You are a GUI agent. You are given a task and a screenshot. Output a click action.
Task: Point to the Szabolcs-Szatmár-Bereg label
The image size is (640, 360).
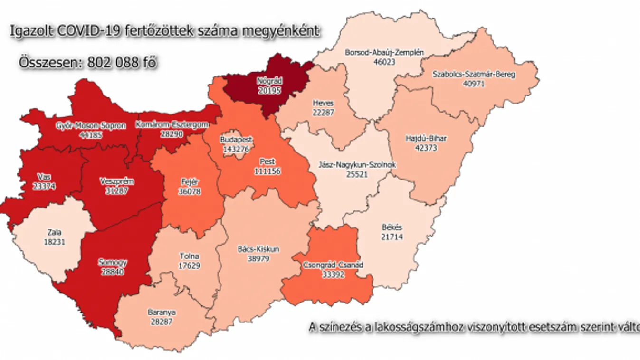474,75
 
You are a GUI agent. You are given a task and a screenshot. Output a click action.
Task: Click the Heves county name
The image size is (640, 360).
323,103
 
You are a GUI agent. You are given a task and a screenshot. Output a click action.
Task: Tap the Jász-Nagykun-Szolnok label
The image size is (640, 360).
358,165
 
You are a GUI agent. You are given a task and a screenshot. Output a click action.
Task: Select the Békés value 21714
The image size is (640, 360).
392,236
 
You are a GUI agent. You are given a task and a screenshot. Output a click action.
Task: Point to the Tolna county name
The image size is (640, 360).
189,256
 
